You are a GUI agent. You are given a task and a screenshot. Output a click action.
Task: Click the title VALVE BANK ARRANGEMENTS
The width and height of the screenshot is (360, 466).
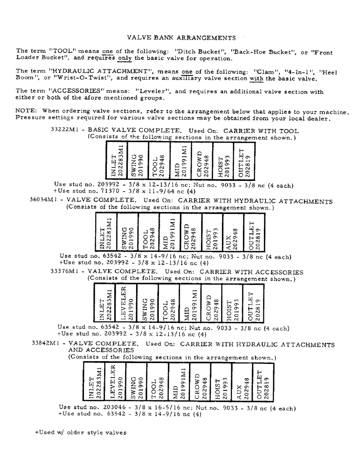tap(181, 37)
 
